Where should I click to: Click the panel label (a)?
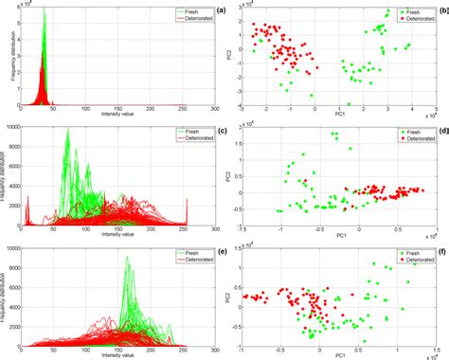(x=221, y=11)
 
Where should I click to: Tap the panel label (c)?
(x=221, y=132)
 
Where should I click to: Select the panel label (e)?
(x=221, y=252)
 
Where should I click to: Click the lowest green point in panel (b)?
(x=349, y=104)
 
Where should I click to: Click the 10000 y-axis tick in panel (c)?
(x=10, y=126)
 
